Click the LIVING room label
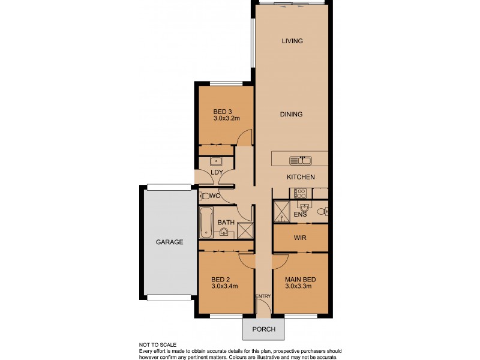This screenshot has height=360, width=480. click(292, 41)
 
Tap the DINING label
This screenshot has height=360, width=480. click(291, 114)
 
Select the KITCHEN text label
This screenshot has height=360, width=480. click(301, 177)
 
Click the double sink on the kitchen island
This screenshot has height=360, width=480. click(299, 160)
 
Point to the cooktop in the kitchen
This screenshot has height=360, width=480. click(298, 193)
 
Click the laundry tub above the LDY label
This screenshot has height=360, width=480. click(216, 161)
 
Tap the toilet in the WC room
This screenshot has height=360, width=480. click(206, 196)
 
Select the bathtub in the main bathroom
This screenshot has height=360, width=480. click(205, 223)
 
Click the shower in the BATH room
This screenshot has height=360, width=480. click(245, 230)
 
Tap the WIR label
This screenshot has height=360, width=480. click(301, 238)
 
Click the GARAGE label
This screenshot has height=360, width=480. click(169, 242)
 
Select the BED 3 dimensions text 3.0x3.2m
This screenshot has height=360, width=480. click(226, 119)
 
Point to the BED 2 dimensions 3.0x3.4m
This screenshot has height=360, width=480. click(225, 286)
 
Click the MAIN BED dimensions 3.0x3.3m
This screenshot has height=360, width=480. click(301, 286)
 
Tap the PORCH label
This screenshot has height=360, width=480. click(264, 329)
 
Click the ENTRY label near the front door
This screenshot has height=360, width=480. click(263, 296)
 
